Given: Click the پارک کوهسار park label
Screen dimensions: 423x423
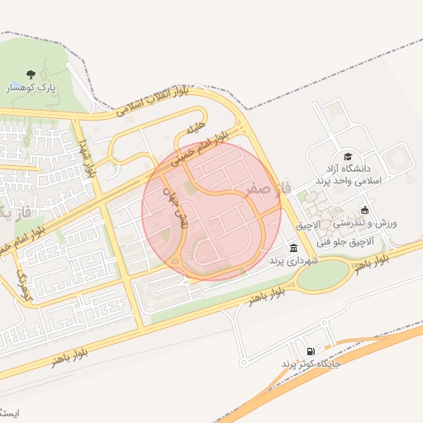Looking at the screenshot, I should [x=32, y=87].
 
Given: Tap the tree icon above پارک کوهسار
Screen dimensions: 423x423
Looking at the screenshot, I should [x=32, y=74].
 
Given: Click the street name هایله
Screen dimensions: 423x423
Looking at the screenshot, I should [x=195, y=129].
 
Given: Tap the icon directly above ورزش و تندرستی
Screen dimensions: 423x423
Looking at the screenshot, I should [x=365, y=210].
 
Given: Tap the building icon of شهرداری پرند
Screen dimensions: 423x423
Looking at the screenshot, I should [x=293, y=249].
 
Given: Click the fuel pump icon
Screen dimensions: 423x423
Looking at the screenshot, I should [x=311, y=351].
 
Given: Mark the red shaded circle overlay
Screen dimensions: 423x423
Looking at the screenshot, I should [x=212, y=211].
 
